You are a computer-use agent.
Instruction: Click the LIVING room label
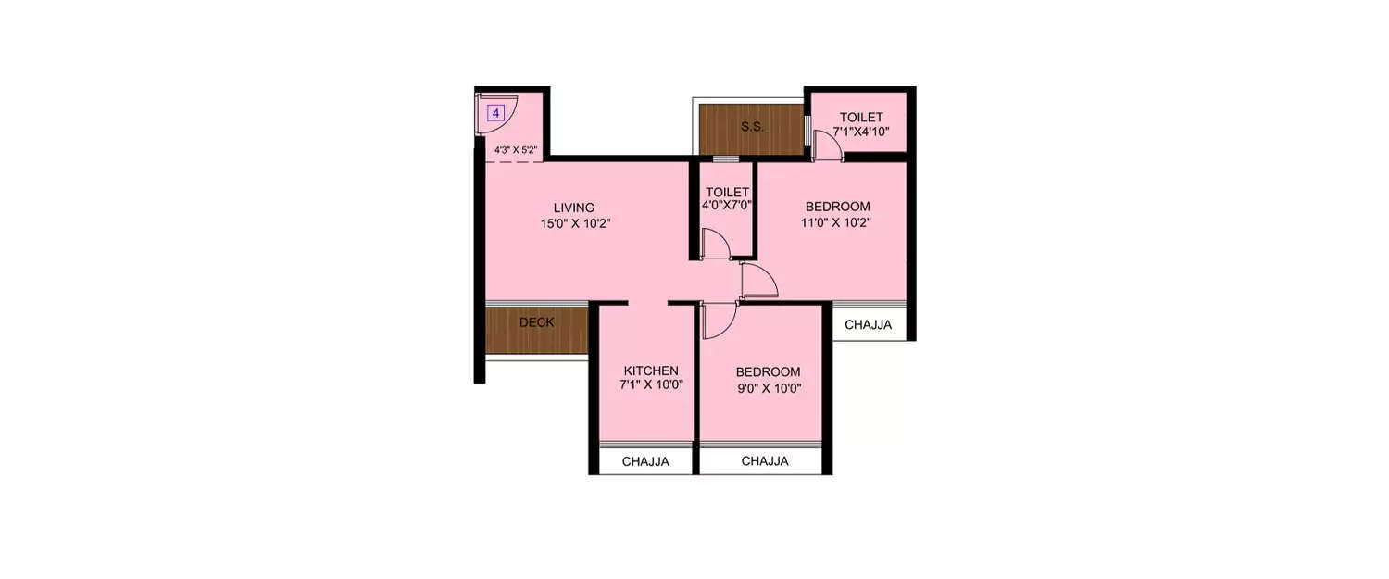[574, 208]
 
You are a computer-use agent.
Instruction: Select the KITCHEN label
[650, 371]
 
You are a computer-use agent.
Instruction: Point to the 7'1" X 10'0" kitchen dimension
[651, 386]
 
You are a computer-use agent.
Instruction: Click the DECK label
[536, 323]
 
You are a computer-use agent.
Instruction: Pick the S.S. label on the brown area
[752, 127]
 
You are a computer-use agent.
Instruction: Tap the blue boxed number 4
[495, 114]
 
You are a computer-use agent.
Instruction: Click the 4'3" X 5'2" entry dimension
[516, 149]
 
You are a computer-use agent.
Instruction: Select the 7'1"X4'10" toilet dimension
[861, 132]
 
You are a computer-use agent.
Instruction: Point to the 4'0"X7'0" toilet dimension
[727, 206]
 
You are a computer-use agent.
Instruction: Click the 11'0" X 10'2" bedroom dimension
[837, 222]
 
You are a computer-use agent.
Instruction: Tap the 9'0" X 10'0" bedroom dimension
[768, 388]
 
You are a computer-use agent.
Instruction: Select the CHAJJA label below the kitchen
[645, 461]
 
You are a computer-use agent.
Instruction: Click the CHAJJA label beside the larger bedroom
[868, 325]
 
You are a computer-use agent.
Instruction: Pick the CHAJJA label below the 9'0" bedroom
[765, 461]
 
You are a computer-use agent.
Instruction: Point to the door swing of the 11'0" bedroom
[757, 282]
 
